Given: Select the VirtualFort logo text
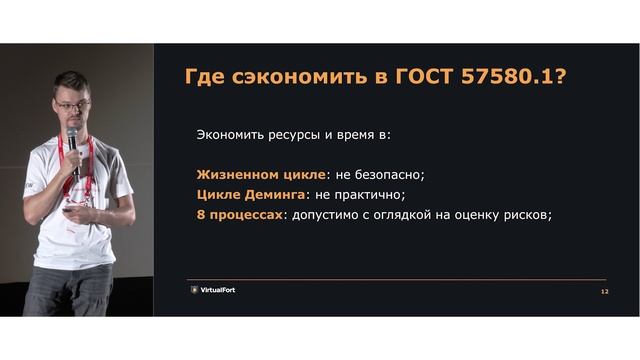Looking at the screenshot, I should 218,290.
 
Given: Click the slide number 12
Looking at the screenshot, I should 604,291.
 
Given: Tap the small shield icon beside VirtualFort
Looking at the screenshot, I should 194,290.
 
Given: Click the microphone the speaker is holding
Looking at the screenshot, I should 72,137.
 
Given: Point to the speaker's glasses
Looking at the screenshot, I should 73,103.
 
